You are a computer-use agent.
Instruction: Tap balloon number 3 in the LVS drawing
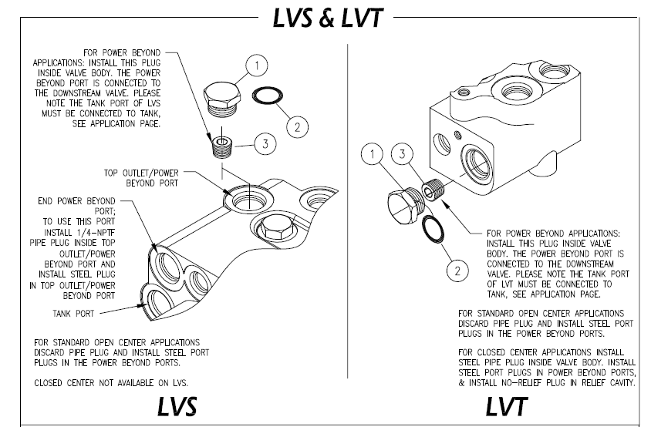pyautogui.click(x=264, y=143)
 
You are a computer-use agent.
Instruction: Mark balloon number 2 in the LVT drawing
pyautogui.click(x=457, y=271)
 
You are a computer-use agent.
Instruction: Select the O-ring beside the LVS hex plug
pyautogui.click(x=267, y=96)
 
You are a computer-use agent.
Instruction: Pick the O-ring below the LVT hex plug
pyautogui.click(x=430, y=229)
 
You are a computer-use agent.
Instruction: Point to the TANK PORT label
pyautogui.click(x=73, y=314)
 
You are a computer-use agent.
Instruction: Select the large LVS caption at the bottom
pyautogui.click(x=177, y=406)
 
